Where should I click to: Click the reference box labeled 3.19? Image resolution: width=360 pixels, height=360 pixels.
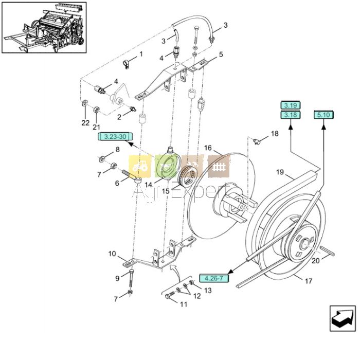click(x=290, y=106)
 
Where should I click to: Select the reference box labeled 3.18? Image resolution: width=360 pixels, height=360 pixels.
click(x=290, y=115)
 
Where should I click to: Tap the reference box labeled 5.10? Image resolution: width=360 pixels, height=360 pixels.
click(x=324, y=115)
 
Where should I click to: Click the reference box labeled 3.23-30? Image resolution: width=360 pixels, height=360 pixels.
click(x=115, y=137)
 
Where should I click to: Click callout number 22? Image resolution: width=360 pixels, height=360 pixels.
click(x=85, y=123)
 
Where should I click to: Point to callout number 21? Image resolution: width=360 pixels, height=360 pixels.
click(x=96, y=127)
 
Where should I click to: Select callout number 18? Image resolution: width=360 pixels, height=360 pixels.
click(x=275, y=134)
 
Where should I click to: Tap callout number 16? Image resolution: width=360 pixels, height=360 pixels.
click(x=208, y=148)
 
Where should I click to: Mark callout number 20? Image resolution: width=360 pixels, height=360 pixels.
click(x=315, y=261)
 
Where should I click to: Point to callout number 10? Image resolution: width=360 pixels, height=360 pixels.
click(x=112, y=253)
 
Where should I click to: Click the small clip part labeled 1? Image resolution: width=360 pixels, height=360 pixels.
click(x=124, y=64)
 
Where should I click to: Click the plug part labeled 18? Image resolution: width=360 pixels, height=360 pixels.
click(x=258, y=140)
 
